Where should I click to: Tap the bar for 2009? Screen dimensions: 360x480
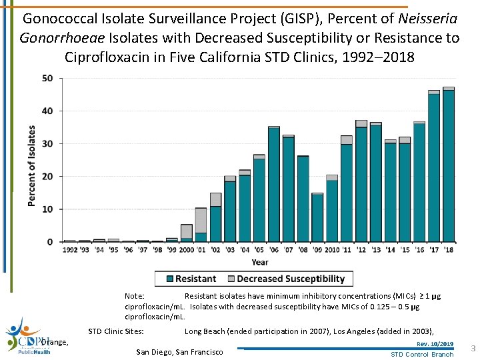pyautogui.click(x=317, y=217)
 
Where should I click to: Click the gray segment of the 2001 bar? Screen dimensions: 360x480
pyautogui.click(x=201, y=220)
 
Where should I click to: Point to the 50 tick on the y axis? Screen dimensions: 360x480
pyautogui.click(x=48, y=78)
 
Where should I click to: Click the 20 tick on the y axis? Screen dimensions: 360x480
pyautogui.click(x=48, y=177)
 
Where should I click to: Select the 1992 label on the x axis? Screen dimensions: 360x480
pyautogui.click(x=70, y=250)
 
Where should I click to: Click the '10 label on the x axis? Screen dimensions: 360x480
pyautogui.click(x=331, y=250)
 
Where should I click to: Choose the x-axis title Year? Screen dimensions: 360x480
pyautogui.click(x=261, y=262)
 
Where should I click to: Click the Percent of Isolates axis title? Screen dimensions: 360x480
pyautogui.click(x=32, y=165)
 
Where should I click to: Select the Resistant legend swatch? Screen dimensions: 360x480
pyautogui.click(x=170, y=279)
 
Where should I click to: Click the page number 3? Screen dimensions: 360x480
pyautogui.click(x=472, y=349)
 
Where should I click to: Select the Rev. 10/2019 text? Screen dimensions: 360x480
pyautogui.click(x=435, y=344)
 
